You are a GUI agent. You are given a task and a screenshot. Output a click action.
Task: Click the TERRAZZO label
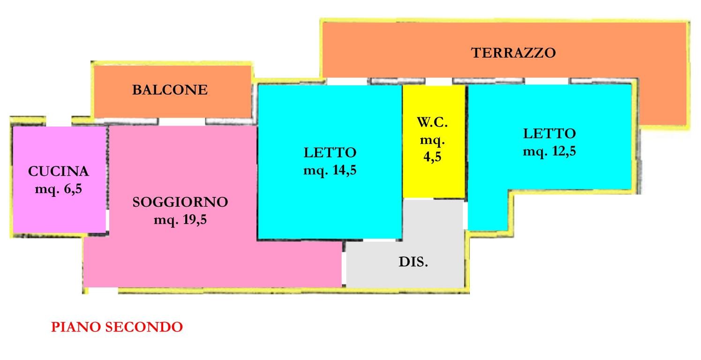(x=513, y=52)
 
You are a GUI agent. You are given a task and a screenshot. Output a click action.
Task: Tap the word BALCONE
(x=170, y=90)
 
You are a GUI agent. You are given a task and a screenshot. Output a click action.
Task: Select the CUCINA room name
(x=59, y=172)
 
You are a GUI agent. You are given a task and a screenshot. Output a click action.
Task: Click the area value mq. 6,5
(x=59, y=189)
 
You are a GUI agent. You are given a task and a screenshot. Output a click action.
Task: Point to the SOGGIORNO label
(x=180, y=202)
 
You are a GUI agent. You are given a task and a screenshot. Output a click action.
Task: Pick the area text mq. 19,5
(x=180, y=220)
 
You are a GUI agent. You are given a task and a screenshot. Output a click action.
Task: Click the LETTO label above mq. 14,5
(x=330, y=153)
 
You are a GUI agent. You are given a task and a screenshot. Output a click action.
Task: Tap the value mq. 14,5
(x=330, y=170)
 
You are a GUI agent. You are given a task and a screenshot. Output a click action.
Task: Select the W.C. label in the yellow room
(x=432, y=123)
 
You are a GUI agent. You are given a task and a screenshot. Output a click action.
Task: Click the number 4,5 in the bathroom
(x=432, y=157)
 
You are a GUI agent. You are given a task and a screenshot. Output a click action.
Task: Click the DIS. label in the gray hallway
(x=413, y=262)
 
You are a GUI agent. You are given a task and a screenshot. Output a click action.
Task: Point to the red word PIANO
(x=76, y=327)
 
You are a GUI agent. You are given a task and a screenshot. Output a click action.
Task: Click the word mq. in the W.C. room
(x=432, y=140)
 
